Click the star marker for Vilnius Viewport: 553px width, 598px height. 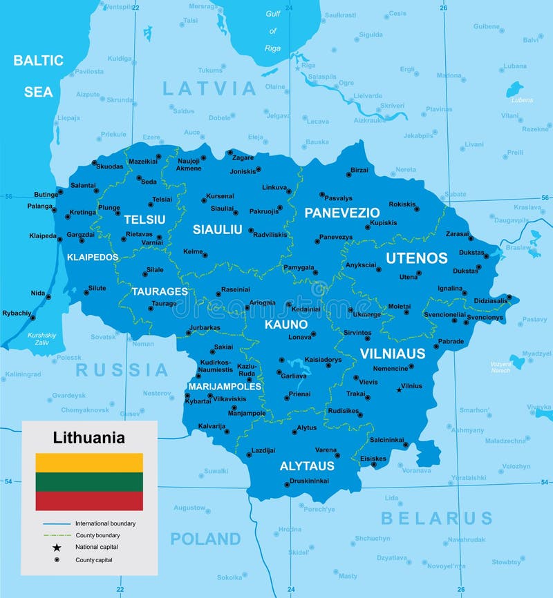pyautogui.click(x=398, y=390)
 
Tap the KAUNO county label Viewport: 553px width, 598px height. pyautogui.click(x=285, y=323)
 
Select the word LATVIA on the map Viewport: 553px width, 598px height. pyautogui.click(x=209, y=88)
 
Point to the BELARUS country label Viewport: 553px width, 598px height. pyautogui.click(x=437, y=518)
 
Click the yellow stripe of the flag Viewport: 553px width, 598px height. pyautogui.click(x=89, y=462)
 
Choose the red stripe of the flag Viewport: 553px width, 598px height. pyautogui.click(x=89, y=501)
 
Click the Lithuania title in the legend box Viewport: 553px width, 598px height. pyautogui.click(x=89, y=437)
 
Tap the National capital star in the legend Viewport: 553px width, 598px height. pyautogui.click(x=57, y=547)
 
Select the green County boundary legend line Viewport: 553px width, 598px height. pyautogui.click(x=57, y=535)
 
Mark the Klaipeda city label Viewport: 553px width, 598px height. pyautogui.click(x=42, y=235)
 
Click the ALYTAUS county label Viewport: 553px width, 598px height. pyautogui.click(x=307, y=466)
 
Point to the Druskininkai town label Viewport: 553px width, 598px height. pyautogui.click(x=309, y=481)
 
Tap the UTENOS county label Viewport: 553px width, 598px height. pyautogui.click(x=416, y=258)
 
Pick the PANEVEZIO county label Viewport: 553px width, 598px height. pyautogui.click(x=342, y=213)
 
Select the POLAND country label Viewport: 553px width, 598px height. pyautogui.click(x=205, y=539)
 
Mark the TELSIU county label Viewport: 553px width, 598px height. pyautogui.click(x=144, y=220)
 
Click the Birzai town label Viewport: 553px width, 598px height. pyautogui.click(x=359, y=170)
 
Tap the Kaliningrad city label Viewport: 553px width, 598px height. pyautogui.click(x=23, y=374)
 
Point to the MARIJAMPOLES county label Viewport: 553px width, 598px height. pyautogui.click(x=225, y=386)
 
